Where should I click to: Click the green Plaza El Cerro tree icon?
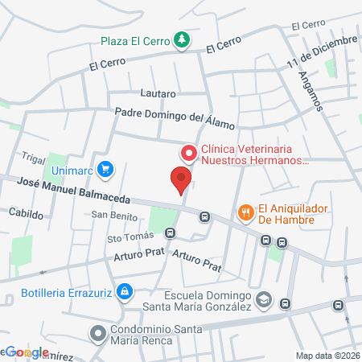(183, 39)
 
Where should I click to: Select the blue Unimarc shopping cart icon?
(105, 169)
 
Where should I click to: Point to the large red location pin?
(181, 179)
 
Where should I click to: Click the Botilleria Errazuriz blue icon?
(124, 290)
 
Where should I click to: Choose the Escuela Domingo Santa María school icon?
(263, 301)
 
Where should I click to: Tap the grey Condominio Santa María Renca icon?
(97, 332)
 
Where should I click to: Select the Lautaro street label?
(158, 93)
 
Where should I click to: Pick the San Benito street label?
(109, 215)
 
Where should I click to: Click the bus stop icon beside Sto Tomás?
(170, 233)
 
